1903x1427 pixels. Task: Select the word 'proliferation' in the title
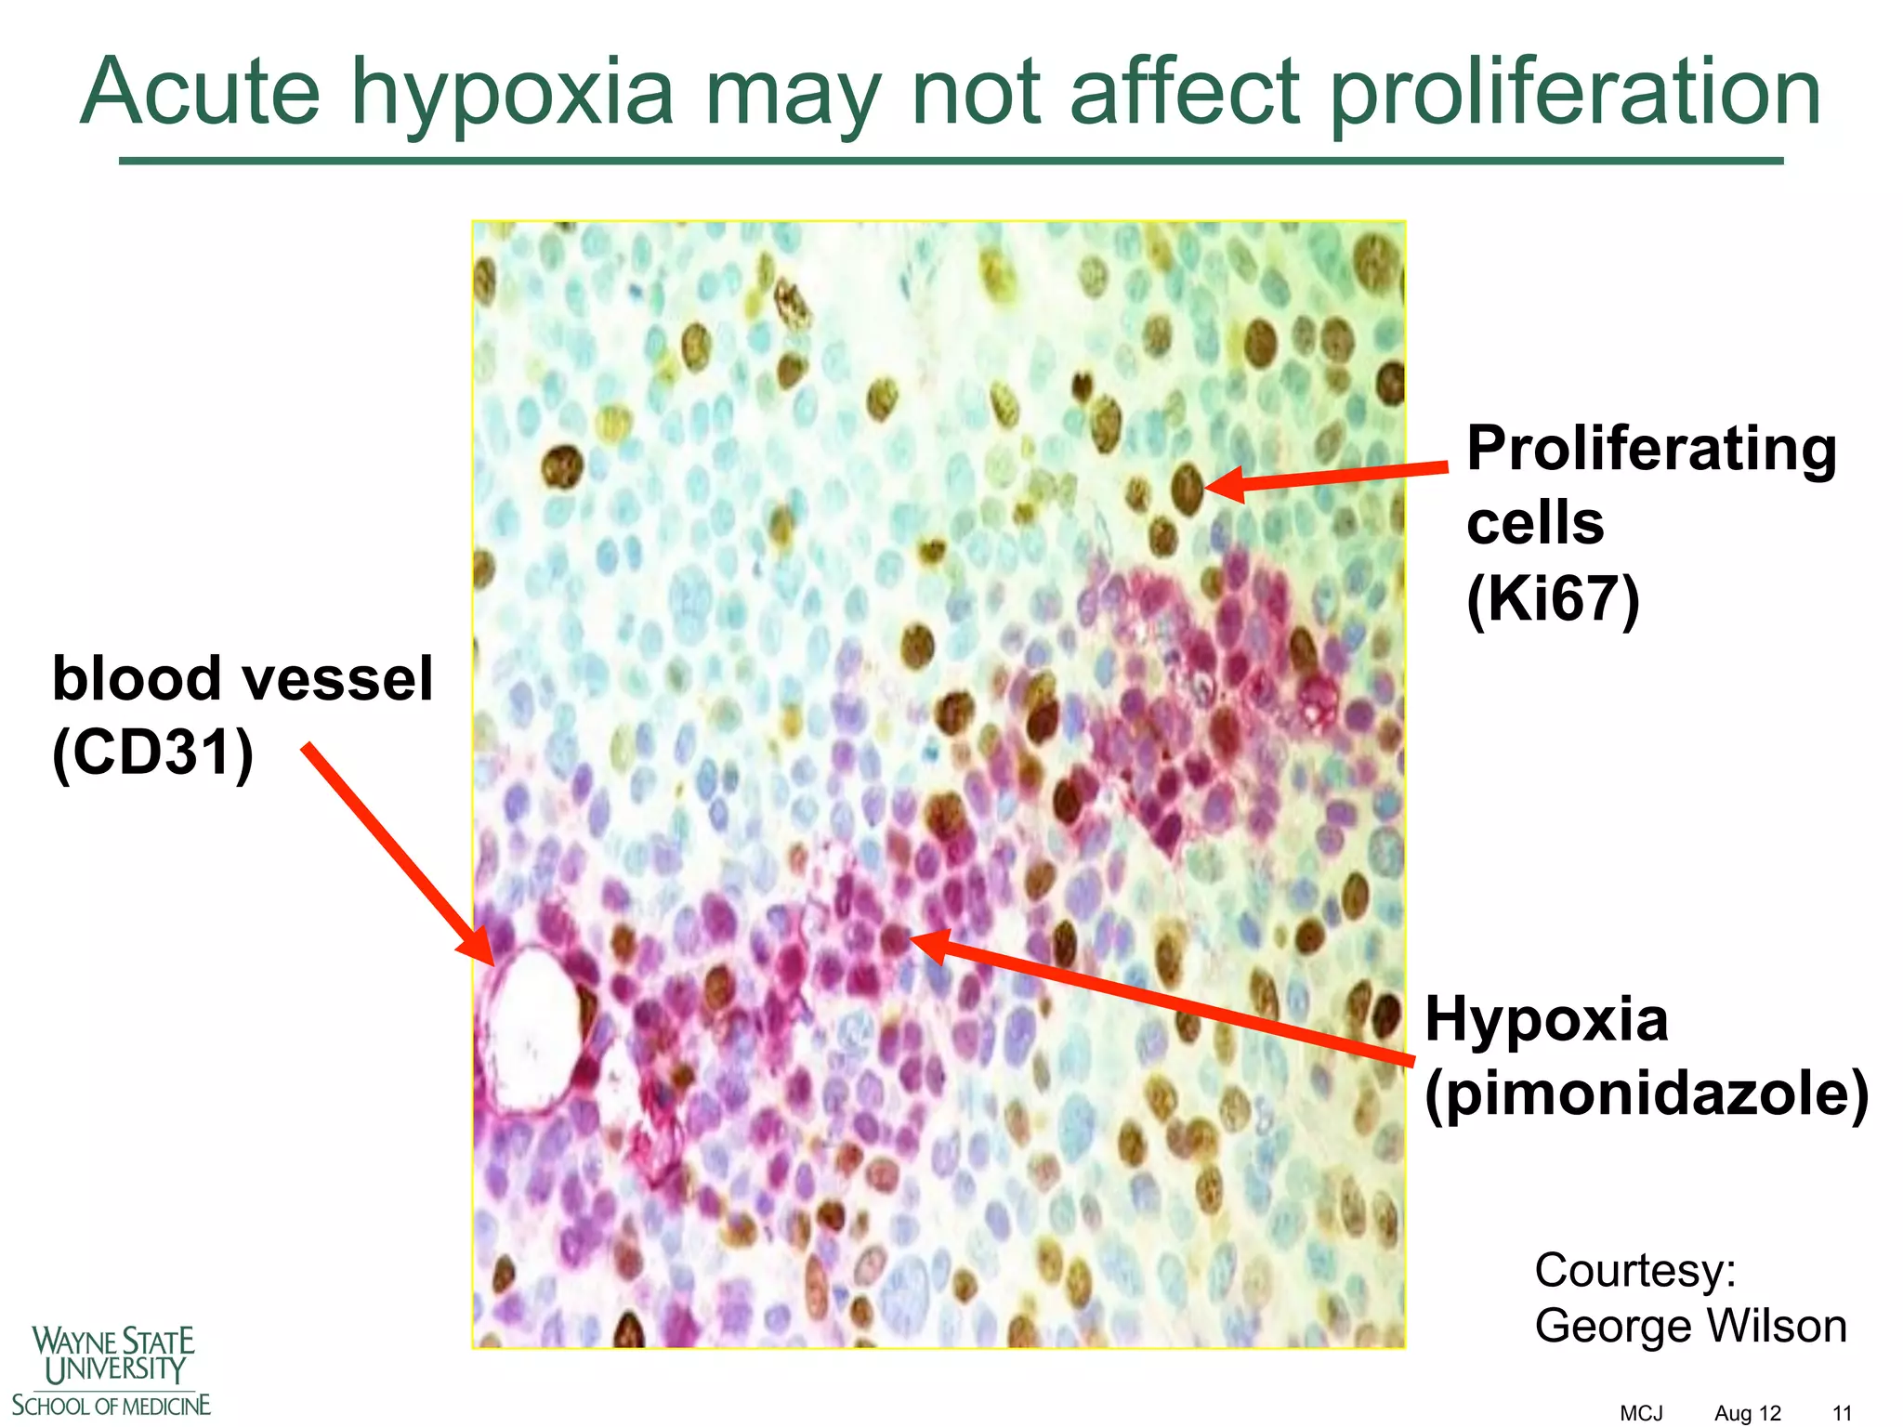1574,93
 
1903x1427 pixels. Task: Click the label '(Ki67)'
1553,599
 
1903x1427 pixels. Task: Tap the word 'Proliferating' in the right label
1651,451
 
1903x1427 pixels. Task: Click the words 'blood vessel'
243,678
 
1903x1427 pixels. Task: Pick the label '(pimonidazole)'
1647,1093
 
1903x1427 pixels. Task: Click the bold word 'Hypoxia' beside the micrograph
1546,1019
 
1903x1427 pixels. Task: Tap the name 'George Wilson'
1690,1326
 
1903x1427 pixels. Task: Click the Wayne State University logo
112,1370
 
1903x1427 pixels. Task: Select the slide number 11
1842,1413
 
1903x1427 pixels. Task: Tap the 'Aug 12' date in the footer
1748,1413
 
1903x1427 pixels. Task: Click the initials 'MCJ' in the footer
1641,1413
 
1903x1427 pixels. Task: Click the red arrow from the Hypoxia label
1161,1001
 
